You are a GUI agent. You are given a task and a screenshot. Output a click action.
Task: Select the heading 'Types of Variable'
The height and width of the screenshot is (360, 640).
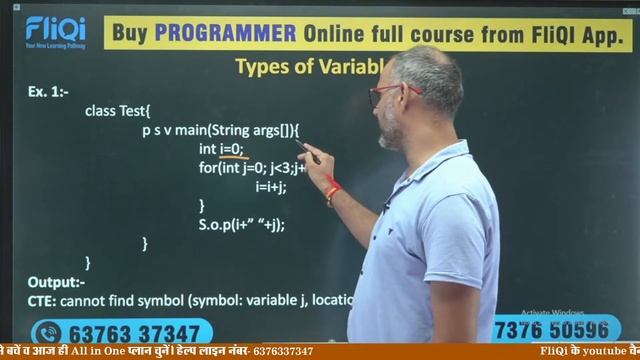click(309, 67)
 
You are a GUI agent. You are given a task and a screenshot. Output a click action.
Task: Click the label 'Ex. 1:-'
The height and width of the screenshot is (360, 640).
click(48, 92)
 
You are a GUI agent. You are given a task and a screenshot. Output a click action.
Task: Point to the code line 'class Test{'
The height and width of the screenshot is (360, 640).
click(117, 110)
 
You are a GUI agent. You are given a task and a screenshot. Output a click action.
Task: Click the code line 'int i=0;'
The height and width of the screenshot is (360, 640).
click(221, 148)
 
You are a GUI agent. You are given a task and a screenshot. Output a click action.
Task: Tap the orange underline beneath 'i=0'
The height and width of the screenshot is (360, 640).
click(233, 158)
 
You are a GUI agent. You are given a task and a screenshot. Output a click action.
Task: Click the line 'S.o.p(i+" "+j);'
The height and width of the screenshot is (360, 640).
click(241, 224)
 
